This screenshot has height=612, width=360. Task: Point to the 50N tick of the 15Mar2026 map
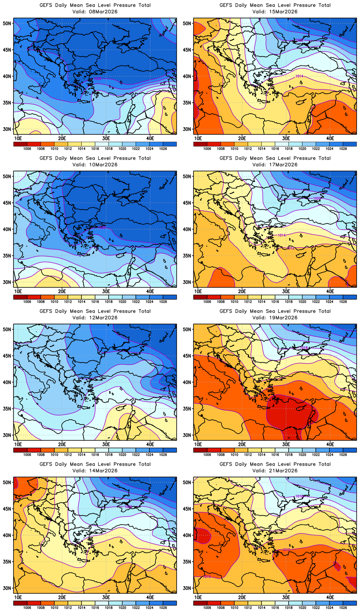tap(187, 24)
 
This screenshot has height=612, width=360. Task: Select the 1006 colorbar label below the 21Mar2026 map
tap(207, 608)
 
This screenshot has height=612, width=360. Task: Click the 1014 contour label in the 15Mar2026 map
tap(299, 76)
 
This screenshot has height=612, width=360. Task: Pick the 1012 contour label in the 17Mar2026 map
tap(291, 248)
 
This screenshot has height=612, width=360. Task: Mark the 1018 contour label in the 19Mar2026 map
tap(304, 348)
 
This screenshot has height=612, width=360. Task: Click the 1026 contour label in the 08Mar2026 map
tap(97, 79)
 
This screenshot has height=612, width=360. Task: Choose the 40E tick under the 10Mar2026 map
tap(150, 291)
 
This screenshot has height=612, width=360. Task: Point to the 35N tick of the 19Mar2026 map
tap(187, 409)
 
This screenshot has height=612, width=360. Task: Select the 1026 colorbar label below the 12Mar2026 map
tap(163, 455)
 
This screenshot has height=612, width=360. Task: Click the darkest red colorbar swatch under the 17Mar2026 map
tap(200, 297)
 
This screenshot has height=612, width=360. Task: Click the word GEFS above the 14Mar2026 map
tap(46, 464)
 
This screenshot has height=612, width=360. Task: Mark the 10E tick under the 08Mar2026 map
tap(18, 138)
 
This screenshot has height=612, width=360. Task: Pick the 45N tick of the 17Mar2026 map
tap(187, 203)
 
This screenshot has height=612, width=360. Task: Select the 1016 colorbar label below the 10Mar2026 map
tap(95, 302)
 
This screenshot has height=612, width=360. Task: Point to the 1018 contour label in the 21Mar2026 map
tap(299, 496)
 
